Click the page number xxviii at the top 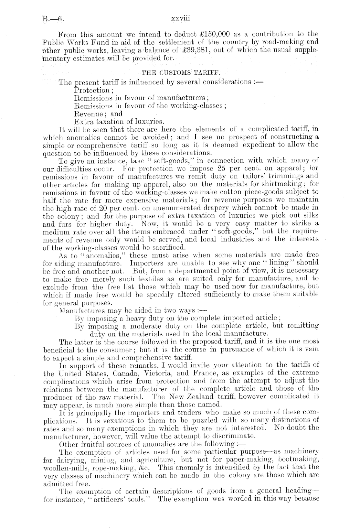tap(180, 18)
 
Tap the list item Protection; tap(92, 90)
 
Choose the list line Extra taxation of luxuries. tap(120, 122)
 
